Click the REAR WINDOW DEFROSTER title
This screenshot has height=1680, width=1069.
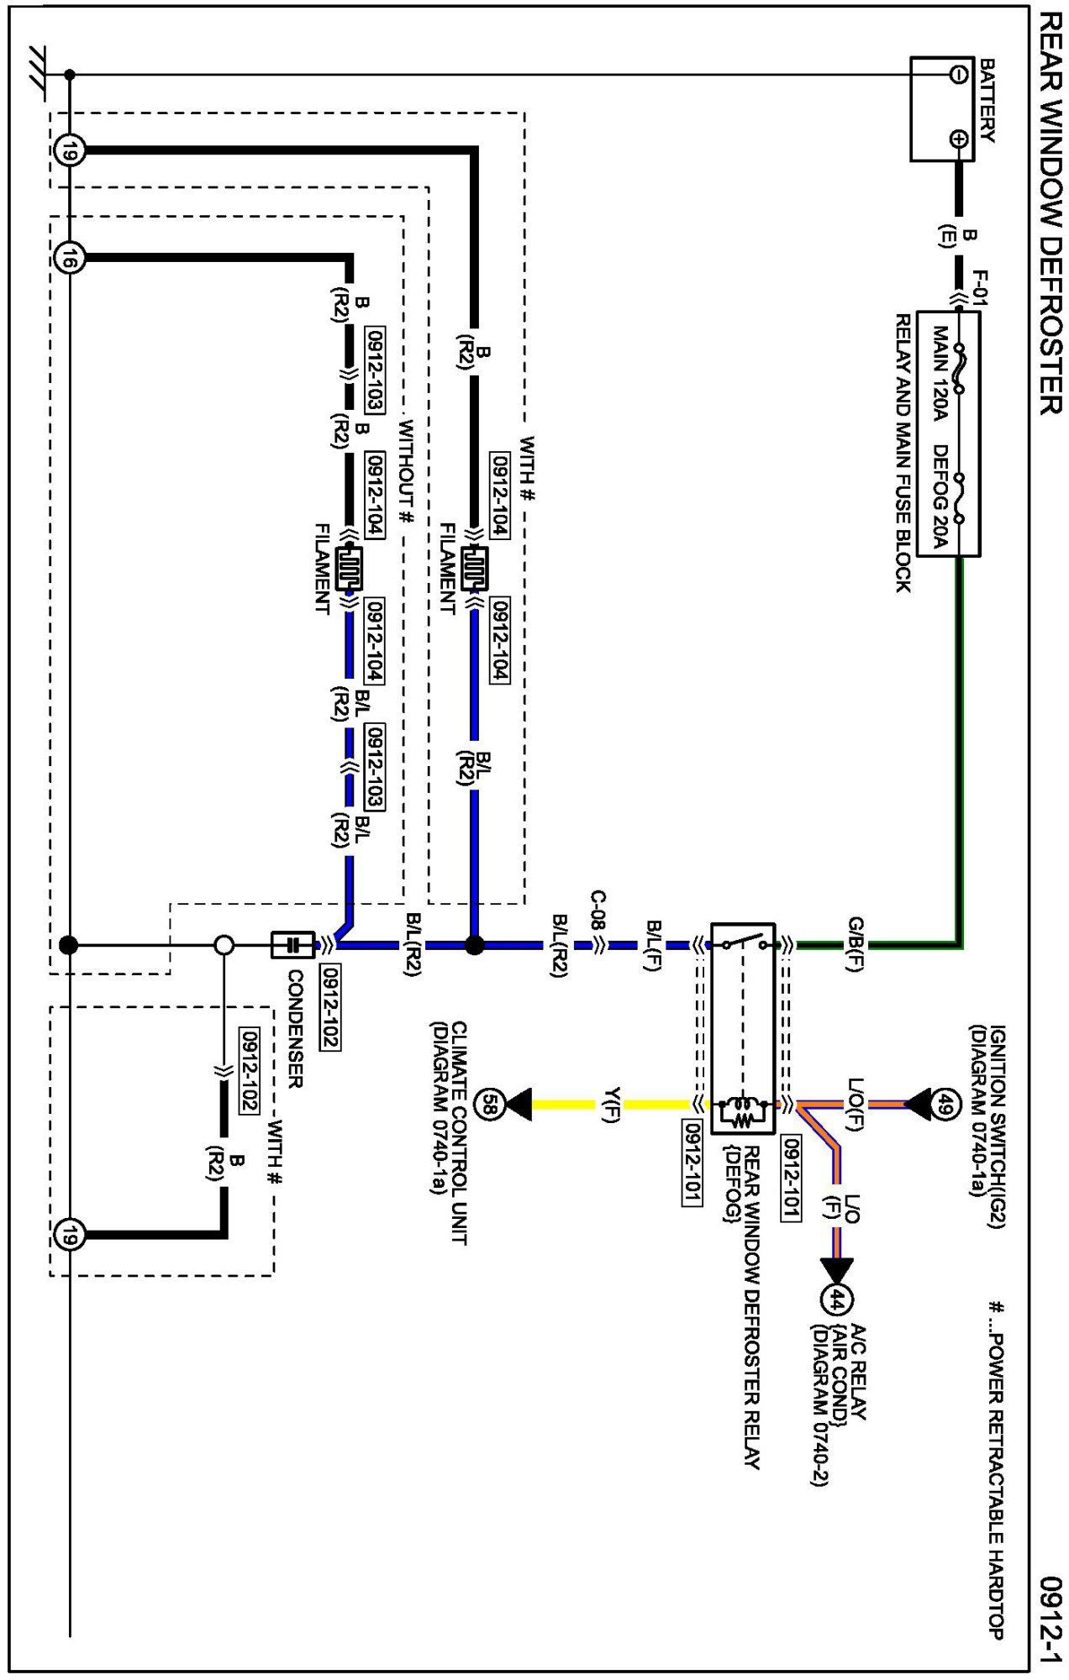pos(1051,213)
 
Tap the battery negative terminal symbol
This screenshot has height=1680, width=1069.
pos(958,75)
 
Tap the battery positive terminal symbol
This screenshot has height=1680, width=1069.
pos(958,139)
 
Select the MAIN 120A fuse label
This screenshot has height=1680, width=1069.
pos(940,373)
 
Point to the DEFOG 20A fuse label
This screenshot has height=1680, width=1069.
pos(940,496)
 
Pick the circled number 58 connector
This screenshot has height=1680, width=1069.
pos(490,1104)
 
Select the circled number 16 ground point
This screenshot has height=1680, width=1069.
pos(70,258)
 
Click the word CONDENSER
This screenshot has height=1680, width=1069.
pos(295,1029)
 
